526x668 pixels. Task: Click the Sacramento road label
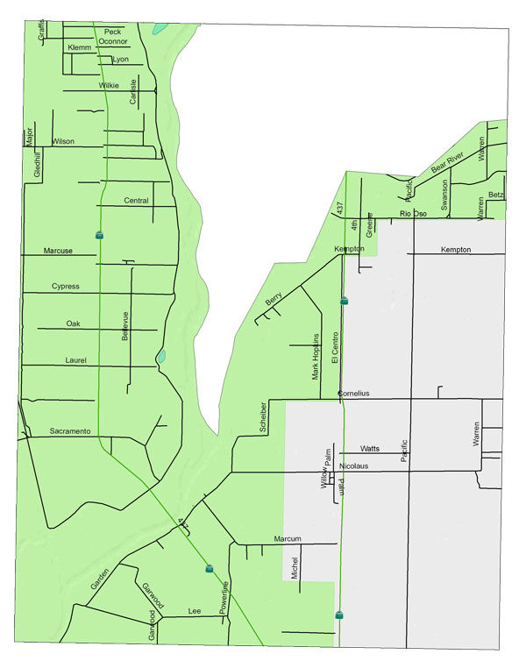tap(70, 431)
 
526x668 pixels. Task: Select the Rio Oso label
tap(412, 214)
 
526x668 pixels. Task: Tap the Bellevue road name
tap(125, 326)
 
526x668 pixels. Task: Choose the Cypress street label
tap(66, 287)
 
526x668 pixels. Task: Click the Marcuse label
tap(58, 252)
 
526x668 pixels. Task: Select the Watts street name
tap(370, 448)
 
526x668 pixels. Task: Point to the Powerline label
tap(224, 597)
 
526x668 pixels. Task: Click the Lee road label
tap(195, 611)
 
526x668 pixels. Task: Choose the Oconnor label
tap(114, 40)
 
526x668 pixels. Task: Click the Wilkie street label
tap(109, 85)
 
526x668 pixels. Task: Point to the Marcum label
tap(288, 538)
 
